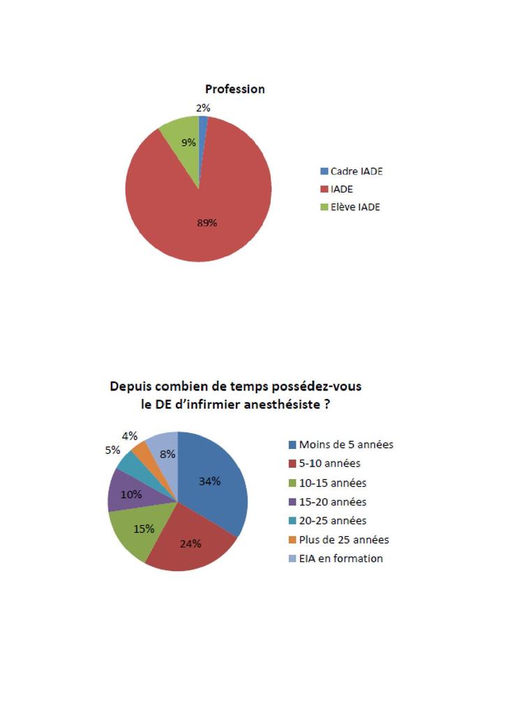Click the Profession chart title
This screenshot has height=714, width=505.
pyautogui.click(x=234, y=89)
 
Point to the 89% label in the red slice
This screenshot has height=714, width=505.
pyautogui.click(x=207, y=223)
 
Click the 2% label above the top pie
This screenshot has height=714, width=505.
pyautogui.click(x=203, y=108)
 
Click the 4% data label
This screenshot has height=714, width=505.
pyautogui.click(x=130, y=436)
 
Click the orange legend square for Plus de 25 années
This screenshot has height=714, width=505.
pyautogui.click(x=294, y=540)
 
